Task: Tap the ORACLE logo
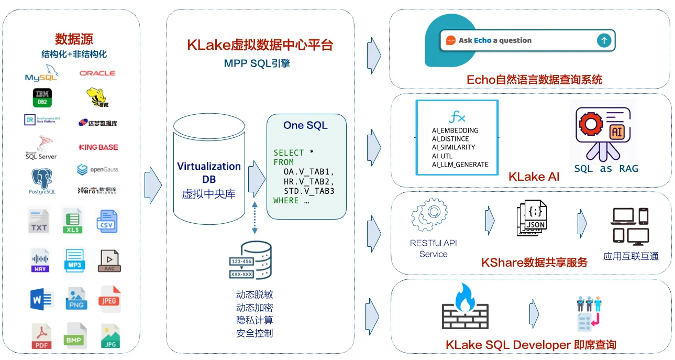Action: [97, 73]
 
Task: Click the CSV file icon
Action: [106, 221]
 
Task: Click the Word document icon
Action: [41, 299]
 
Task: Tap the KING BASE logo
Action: [98, 147]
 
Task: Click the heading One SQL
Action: [305, 125]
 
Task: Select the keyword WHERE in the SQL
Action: [286, 200]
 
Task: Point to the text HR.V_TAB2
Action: [309, 181]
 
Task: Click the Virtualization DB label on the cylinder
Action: [209, 172]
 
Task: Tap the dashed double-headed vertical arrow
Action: [254, 216]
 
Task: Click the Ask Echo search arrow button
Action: [604, 40]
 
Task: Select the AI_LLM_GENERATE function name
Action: [460, 165]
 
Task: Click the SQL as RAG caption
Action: [606, 168]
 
